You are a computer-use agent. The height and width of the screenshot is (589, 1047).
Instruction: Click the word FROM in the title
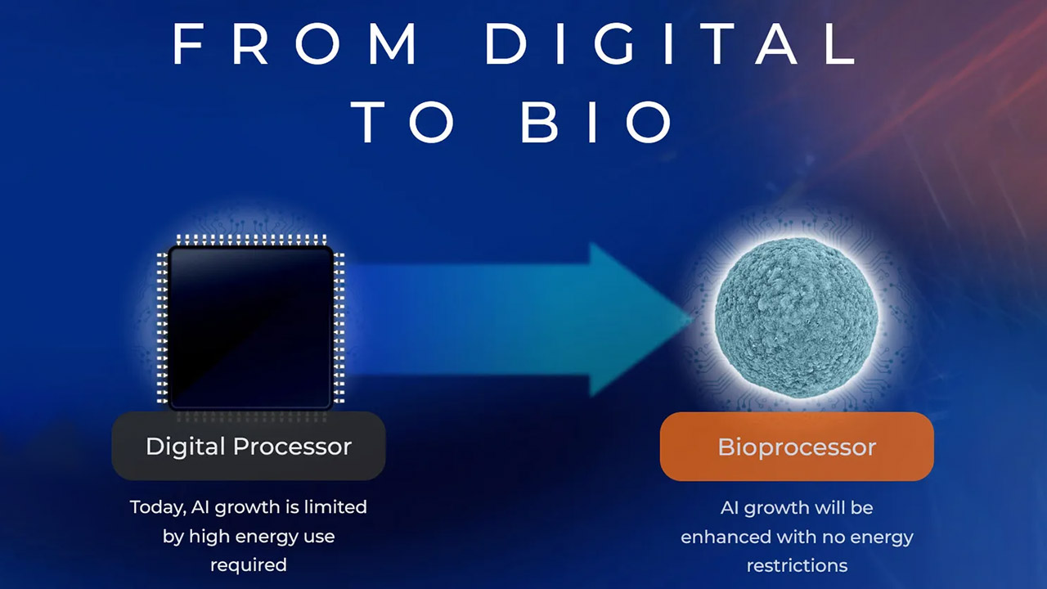[294, 43]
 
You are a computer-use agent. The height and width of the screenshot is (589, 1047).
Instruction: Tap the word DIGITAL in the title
[671, 43]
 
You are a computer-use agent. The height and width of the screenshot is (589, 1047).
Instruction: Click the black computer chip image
[251, 322]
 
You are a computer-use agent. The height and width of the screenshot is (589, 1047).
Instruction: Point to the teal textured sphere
[796, 318]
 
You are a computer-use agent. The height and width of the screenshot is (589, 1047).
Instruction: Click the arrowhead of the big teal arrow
[640, 320]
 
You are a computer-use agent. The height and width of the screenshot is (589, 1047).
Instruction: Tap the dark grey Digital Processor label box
[249, 446]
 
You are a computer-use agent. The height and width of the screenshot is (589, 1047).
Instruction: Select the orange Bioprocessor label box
[797, 447]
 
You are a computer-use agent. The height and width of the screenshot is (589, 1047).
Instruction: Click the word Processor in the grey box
[292, 447]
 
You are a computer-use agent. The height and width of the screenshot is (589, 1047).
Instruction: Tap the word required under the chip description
[249, 565]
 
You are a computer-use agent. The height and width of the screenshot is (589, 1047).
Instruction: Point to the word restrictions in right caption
[797, 565]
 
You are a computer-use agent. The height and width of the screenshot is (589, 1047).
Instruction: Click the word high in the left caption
[207, 537]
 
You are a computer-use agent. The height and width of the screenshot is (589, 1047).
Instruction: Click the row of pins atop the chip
[251, 240]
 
